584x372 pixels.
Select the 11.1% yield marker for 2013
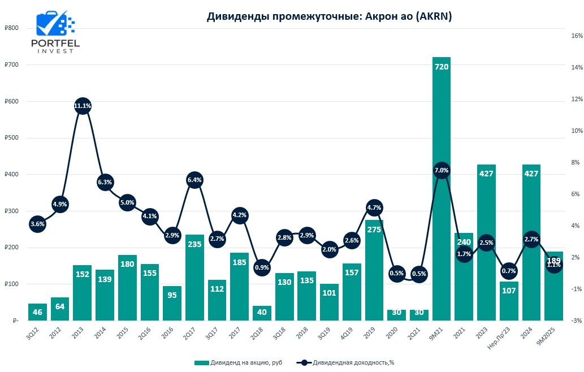[x=82, y=106]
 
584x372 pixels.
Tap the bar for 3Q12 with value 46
[x=37, y=312]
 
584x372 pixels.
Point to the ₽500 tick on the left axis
[x=11, y=138]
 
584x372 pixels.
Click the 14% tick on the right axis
[x=577, y=68]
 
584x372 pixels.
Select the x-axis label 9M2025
[x=546, y=337]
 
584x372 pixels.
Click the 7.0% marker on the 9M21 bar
[x=441, y=170]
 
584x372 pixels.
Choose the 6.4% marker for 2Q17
[x=194, y=180]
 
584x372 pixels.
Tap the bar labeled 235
[x=194, y=277]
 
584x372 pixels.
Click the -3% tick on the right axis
[x=577, y=321]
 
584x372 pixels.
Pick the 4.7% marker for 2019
[x=374, y=207]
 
